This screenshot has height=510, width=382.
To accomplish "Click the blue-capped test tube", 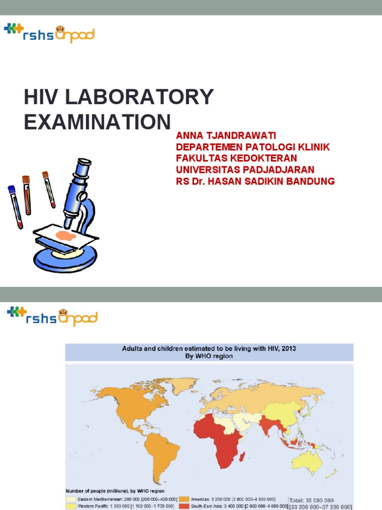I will [14, 206].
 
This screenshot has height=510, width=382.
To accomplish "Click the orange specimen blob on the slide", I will [66, 236].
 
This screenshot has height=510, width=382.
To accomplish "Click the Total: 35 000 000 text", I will [319, 500].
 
